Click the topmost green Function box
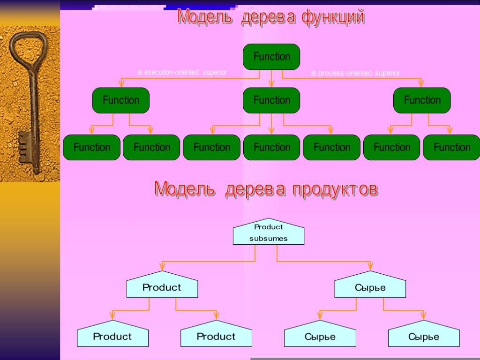click(x=271, y=57)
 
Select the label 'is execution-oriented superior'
click(x=182, y=73)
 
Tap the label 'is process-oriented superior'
click(x=356, y=73)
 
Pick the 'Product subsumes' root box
click(x=269, y=233)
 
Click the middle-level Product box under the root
click(x=162, y=287)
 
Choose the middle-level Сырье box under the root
click(x=370, y=287)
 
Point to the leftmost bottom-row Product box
click(x=112, y=336)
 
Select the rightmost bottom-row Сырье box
click(x=424, y=336)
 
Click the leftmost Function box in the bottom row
click(x=92, y=147)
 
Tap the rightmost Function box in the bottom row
click(x=451, y=147)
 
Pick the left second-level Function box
click(x=121, y=100)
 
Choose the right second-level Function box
click(x=422, y=100)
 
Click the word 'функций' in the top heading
click(x=333, y=17)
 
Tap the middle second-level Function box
click(x=271, y=100)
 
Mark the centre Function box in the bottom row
click(x=271, y=147)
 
